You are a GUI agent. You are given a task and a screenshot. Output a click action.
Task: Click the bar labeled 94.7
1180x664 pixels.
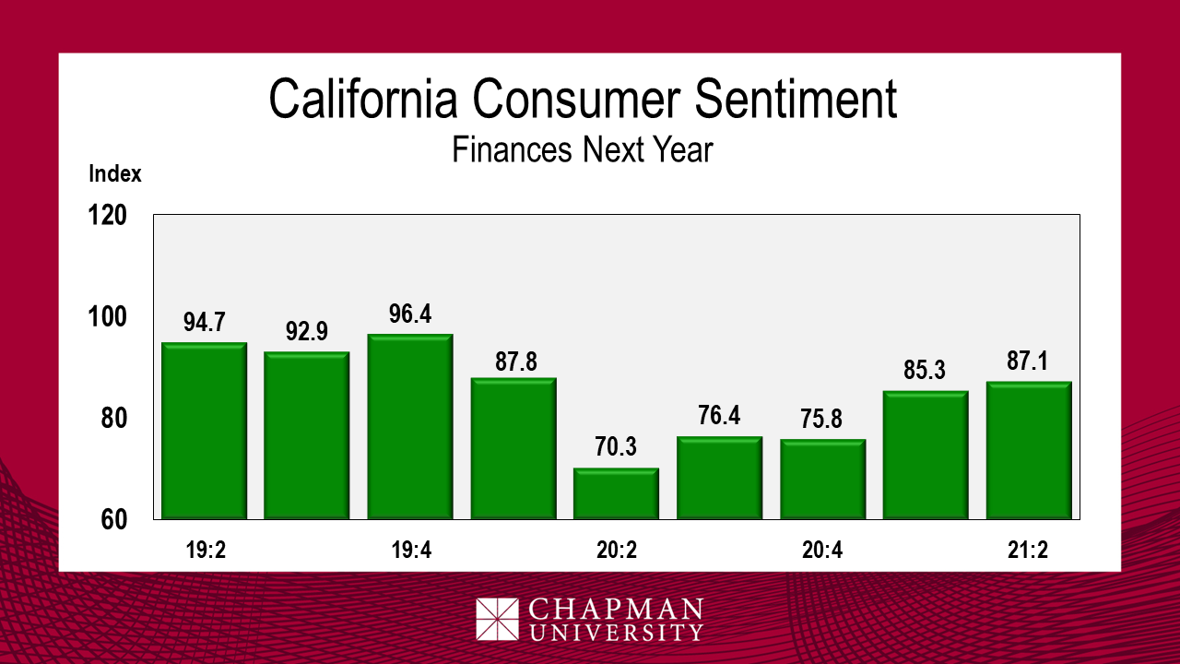pos(204,431)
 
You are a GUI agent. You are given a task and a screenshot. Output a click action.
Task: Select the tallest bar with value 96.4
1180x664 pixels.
pos(410,426)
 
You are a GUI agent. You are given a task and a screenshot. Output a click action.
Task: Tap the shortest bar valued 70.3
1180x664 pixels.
pos(616,493)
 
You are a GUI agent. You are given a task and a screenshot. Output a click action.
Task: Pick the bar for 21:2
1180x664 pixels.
pos(1028,450)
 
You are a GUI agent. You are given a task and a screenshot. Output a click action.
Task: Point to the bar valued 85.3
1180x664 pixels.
pos(926,455)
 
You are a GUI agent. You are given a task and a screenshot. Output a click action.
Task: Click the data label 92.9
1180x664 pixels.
pos(307,331)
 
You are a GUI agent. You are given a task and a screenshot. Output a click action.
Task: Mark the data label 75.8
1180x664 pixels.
pos(821,420)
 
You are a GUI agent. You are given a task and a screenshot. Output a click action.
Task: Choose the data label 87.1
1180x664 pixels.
pos(1029,362)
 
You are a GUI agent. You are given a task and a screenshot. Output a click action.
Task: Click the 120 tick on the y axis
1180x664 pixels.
pos(108,216)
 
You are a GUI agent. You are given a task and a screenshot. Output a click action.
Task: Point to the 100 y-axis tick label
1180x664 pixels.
pos(108,317)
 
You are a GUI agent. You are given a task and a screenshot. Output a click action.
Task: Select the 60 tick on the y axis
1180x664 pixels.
pos(113,519)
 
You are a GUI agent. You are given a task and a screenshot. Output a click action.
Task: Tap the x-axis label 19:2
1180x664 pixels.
pos(204,551)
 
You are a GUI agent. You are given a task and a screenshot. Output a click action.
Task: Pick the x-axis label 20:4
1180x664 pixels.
pos(822,551)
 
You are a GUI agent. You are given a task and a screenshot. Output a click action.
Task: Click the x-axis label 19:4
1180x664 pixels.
pos(410,551)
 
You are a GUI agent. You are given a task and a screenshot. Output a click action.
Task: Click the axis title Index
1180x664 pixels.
pos(115,173)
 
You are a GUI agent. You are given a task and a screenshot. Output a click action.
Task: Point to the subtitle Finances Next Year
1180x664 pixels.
pos(583,148)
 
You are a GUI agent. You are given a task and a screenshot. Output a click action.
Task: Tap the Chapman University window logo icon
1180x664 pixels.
pos(497,619)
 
